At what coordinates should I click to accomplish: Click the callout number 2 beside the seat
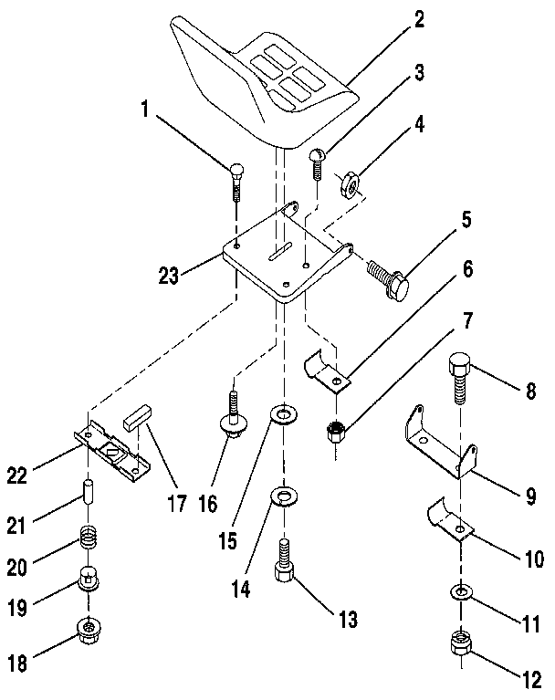coord(419,20)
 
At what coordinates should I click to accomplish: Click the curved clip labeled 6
coord(327,372)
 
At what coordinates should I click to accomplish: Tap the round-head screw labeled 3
coord(316,162)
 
